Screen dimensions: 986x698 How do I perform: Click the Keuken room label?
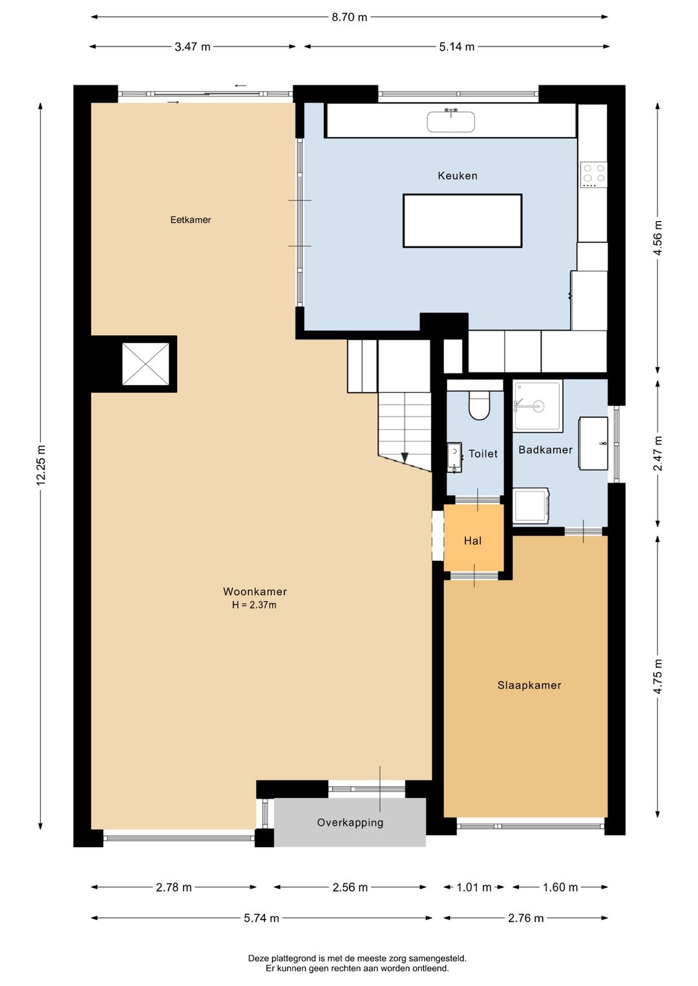click(x=457, y=176)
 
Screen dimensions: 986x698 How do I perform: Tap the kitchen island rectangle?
click(x=462, y=221)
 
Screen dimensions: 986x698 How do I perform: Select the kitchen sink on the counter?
click(x=450, y=121)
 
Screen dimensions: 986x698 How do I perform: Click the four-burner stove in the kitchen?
click(x=593, y=174)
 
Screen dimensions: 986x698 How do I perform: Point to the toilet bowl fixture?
click(x=479, y=406)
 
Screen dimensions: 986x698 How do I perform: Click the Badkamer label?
click(x=545, y=450)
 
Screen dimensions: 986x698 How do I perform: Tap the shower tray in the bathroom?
click(x=538, y=406)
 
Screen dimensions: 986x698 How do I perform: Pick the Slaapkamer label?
click(x=529, y=686)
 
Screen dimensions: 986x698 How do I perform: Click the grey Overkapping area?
click(x=350, y=823)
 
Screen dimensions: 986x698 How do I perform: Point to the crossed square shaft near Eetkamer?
click(x=145, y=364)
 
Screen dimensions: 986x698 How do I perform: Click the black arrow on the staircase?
click(x=405, y=458)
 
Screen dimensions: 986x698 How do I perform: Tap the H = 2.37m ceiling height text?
click(x=254, y=605)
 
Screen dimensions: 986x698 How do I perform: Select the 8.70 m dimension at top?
click(x=349, y=17)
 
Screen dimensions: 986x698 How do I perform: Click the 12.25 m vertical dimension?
click(x=41, y=465)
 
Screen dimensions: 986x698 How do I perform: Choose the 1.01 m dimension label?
click(x=474, y=887)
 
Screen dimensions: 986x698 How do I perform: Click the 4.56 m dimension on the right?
click(x=658, y=238)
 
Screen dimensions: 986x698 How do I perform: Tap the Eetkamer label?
click(x=190, y=220)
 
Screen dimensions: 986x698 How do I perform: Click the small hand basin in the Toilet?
click(x=454, y=457)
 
